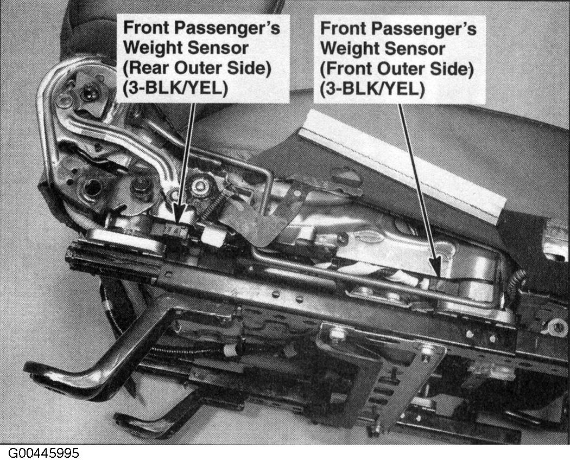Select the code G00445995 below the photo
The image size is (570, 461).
(43, 453)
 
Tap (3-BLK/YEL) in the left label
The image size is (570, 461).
(175, 88)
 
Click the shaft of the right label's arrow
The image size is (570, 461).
(417, 182)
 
